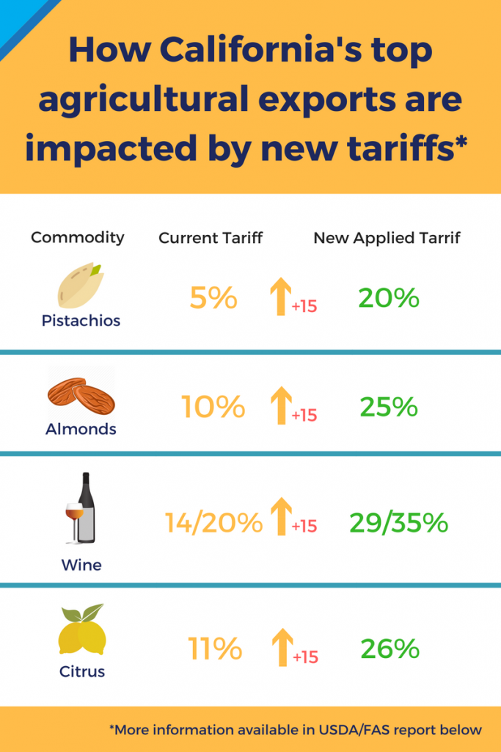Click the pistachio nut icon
coord(81,285)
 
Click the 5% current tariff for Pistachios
coord(213,298)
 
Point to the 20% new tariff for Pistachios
coord(389,297)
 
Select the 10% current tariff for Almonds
coord(213,406)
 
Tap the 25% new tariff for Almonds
coord(389,406)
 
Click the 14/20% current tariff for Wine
coord(213,523)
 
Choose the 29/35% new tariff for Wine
coord(399,523)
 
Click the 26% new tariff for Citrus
coord(390,648)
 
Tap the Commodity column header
coord(78,238)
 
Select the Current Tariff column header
coord(211,238)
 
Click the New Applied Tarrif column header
coord(387,238)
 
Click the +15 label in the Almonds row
coord(304,416)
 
